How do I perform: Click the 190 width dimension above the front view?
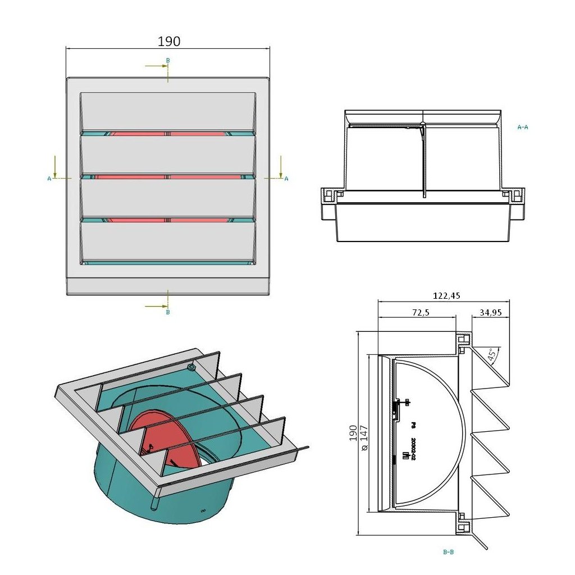tap(168, 42)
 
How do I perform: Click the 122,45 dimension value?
tap(447, 296)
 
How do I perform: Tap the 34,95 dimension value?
tap(491, 312)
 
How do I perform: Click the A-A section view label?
tap(522, 127)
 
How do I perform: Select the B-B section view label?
tap(448, 552)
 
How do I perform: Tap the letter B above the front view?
tap(167, 60)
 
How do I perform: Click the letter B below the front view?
tap(167, 312)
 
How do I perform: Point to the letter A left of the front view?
tap(49, 179)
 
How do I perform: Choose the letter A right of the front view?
tap(286, 179)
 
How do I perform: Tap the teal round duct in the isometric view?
tap(124, 483)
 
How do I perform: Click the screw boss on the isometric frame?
tap(191, 368)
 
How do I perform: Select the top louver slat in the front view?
tap(168, 112)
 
